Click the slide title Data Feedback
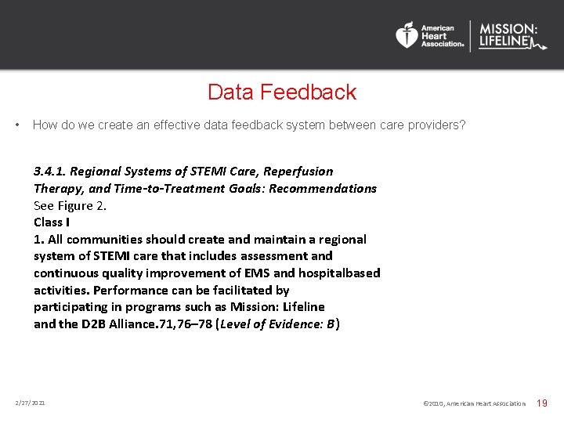[281, 92]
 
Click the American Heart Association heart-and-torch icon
[407, 35]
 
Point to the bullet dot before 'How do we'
[17, 125]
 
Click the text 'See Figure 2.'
[70, 205]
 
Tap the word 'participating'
[72, 306]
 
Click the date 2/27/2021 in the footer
[30, 403]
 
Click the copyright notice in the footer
[474, 403]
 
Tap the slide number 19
[541, 403]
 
